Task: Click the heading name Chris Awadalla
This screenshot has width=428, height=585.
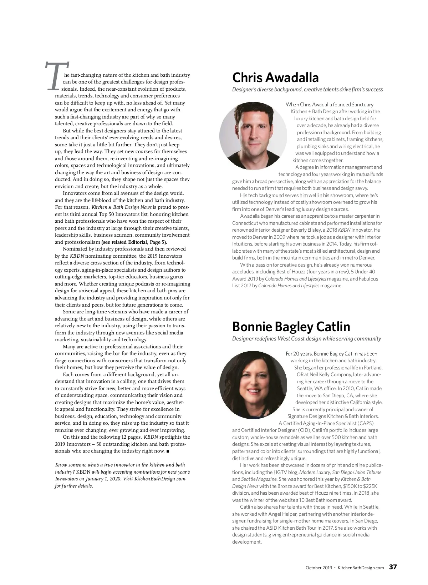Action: point(275,77)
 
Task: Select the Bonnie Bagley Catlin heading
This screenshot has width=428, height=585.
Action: point(291,327)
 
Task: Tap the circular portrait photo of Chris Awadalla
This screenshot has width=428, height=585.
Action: point(253,136)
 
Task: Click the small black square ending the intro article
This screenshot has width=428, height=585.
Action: point(168,451)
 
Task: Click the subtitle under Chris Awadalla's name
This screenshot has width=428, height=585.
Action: point(307,90)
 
